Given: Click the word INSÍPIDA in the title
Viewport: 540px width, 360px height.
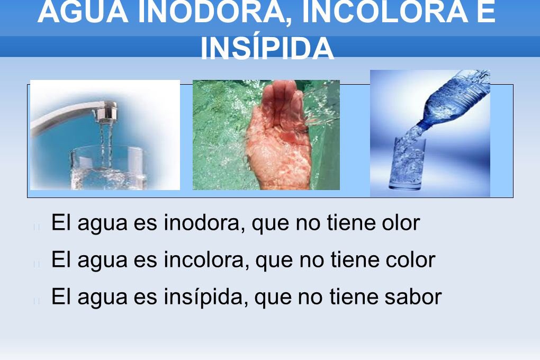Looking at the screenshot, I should tap(267, 49).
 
